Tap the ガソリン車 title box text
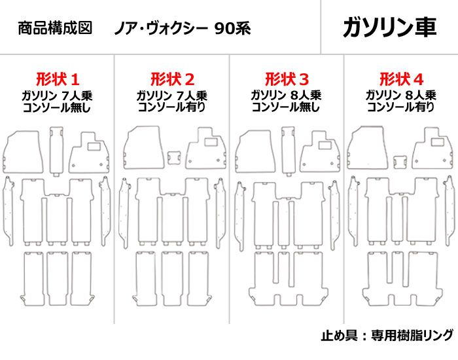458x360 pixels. pos(389,27)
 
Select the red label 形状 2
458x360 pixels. pos(172,80)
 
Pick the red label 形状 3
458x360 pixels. pos(286,80)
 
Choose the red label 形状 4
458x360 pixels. pos(401,80)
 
